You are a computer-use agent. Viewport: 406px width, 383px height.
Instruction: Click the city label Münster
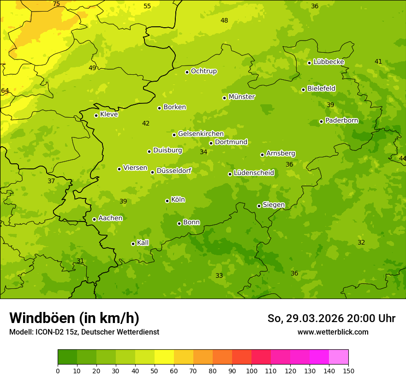pyautogui.click(x=241, y=97)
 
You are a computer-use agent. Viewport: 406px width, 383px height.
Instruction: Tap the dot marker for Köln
pyautogui.click(x=167, y=201)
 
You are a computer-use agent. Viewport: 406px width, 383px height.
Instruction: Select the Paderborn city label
pyautogui.click(x=341, y=120)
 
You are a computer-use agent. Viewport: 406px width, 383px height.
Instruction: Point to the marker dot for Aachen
pyautogui.click(x=94, y=219)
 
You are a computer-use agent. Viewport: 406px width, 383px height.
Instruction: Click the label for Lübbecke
pyautogui.click(x=328, y=62)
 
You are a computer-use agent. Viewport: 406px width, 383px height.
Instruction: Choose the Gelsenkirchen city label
pyautogui.click(x=201, y=134)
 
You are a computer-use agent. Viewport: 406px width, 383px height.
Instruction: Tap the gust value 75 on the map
pyautogui.click(x=56, y=4)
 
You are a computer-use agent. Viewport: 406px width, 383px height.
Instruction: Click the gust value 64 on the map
pyautogui.click(x=5, y=90)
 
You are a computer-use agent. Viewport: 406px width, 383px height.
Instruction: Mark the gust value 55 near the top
pyautogui.click(x=147, y=6)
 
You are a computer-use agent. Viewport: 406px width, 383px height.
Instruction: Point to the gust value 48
pyautogui.click(x=224, y=20)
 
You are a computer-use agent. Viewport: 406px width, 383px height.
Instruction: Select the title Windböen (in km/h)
pyautogui.click(x=74, y=318)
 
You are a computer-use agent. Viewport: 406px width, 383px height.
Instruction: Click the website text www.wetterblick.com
pyautogui.click(x=333, y=332)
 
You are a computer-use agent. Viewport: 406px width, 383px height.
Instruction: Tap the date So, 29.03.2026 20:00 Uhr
pyautogui.click(x=331, y=318)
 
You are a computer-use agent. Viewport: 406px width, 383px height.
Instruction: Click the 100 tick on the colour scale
pyautogui.click(x=251, y=371)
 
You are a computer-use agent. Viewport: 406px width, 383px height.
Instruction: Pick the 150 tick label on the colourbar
pyautogui.click(x=348, y=371)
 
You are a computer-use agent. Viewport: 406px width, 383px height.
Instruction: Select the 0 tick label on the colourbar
pyautogui.click(x=58, y=371)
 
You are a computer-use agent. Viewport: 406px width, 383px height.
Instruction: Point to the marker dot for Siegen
pyautogui.click(x=259, y=206)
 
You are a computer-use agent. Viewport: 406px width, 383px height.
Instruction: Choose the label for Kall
pyautogui.click(x=143, y=243)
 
